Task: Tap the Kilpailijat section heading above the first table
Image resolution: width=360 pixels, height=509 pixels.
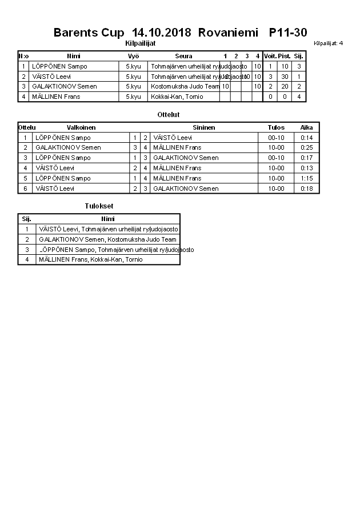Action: pyautogui.click(x=140, y=43)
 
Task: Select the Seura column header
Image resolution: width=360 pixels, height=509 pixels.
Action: pyautogui.click(x=183, y=56)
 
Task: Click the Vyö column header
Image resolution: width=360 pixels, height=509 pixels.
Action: pyautogui.click(x=133, y=56)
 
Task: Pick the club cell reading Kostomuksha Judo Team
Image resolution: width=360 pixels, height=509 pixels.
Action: pyautogui.click(x=185, y=86)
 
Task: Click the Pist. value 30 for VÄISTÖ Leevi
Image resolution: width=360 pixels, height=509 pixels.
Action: pyautogui.click(x=285, y=77)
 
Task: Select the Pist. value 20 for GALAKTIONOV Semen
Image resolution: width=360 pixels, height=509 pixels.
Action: pyautogui.click(x=285, y=86)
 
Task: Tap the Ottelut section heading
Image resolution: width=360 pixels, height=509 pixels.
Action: pyautogui.click(x=169, y=115)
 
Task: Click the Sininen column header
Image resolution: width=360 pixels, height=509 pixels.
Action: pyautogui.click(x=203, y=127)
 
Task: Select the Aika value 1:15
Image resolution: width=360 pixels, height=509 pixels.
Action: pyautogui.click(x=307, y=178)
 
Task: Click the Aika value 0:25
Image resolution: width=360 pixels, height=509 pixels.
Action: pyautogui.click(x=307, y=147)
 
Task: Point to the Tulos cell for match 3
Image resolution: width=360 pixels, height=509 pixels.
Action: pyautogui.click(x=276, y=158)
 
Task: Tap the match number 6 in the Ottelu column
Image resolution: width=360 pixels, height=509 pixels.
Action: pyautogui.click(x=25, y=189)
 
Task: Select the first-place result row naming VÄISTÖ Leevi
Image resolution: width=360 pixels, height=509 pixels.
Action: pyautogui.click(x=107, y=229)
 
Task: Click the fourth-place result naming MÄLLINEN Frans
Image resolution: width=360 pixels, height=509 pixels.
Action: pyautogui.click(x=90, y=259)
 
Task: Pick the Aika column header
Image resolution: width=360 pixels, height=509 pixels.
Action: pyautogui.click(x=307, y=127)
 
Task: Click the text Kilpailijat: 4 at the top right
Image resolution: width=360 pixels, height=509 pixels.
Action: pyautogui.click(x=329, y=43)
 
